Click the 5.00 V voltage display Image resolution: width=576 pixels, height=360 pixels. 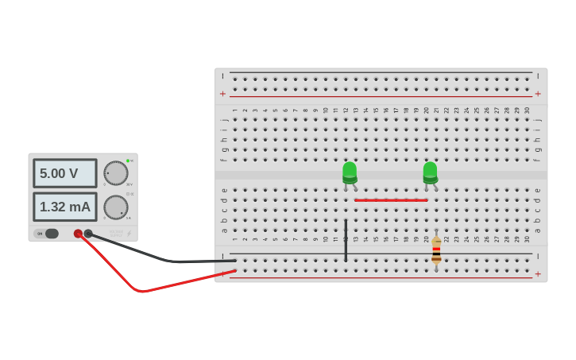tap(64, 173)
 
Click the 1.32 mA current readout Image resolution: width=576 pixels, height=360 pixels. tap(64, 207)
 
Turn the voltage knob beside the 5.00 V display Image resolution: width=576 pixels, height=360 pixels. tap(116, 173)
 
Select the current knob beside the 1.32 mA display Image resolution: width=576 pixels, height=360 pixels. tap(116, 207)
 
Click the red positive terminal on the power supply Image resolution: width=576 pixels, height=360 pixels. tap(78, 234)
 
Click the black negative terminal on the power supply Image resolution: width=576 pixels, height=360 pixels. tap(88, 234)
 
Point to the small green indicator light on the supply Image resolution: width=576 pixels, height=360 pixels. tap(127, 161)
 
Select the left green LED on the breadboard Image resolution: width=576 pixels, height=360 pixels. tap(350, 172)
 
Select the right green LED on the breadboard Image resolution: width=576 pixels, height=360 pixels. tap(430, 172)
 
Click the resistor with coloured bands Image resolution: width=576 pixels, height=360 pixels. tap(436, 250)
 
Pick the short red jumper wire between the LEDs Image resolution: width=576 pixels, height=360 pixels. tap(391, 200)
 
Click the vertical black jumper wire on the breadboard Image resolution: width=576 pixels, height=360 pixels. tap(346, 240)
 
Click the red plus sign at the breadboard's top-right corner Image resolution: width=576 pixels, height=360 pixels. tap(538, 94)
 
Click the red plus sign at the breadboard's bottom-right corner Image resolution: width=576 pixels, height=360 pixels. tap(538, 274)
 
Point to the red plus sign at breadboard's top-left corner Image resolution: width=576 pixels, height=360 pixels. tap(223, 94)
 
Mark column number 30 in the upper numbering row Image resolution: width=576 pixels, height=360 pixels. tap(526, 110)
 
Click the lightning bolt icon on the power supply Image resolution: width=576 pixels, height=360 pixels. tap(130, 234)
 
